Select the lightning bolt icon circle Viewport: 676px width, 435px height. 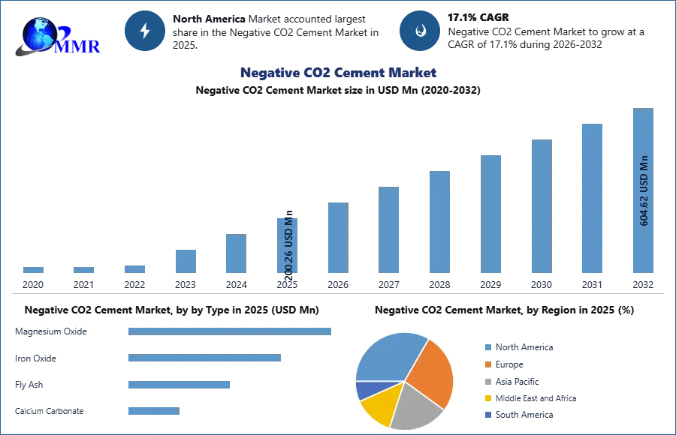coord(145,31)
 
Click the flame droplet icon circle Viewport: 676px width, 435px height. coord(420,31)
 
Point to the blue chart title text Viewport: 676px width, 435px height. coord(339,73)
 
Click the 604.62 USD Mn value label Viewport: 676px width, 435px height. coord(644,190)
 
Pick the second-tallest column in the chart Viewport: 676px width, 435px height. coord(591,197)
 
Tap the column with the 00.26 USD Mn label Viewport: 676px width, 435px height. coord(288,245)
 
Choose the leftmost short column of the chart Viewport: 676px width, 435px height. coord(33,270)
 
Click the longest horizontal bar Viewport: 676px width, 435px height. coord(231,330)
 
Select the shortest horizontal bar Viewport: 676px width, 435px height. coord(153,410)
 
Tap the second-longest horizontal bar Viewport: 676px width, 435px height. coord(204,359)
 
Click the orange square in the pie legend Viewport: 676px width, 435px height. coord(487,366)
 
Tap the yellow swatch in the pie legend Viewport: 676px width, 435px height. coord(487,397)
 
